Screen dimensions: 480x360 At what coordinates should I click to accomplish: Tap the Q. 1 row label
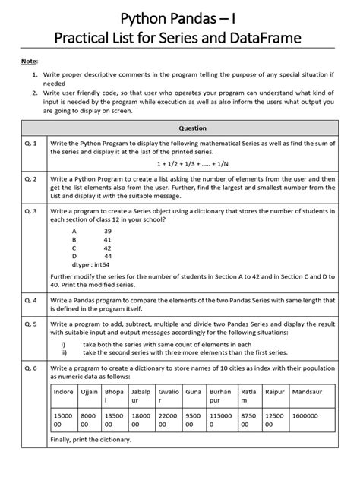click(32, 142)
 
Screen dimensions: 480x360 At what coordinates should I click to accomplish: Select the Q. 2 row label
click(32, 178)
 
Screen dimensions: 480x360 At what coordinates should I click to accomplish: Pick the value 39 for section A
click(107, 230)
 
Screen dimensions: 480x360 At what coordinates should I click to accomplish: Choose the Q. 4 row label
click(32, 300)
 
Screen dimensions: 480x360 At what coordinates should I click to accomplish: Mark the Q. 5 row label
click(32, 323)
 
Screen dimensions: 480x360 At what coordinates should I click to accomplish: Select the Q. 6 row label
click(32, 368)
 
